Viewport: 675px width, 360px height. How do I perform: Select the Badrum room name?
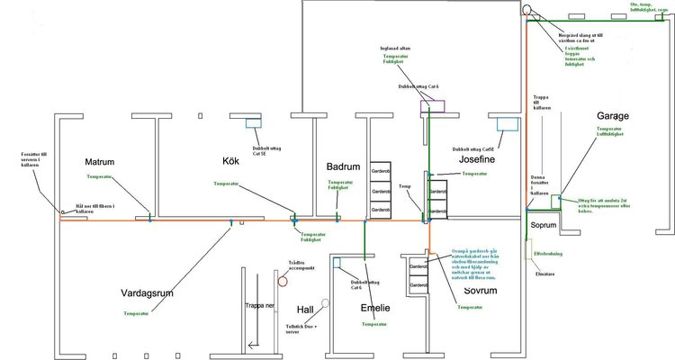(x=343, y=166)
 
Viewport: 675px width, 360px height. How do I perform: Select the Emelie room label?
(x=375, y=308)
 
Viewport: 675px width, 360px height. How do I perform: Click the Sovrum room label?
(x=474, y=292)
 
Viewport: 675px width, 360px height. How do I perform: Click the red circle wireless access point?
(x=283, y=281)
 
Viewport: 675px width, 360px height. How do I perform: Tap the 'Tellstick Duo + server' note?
(x=301, y=328)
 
